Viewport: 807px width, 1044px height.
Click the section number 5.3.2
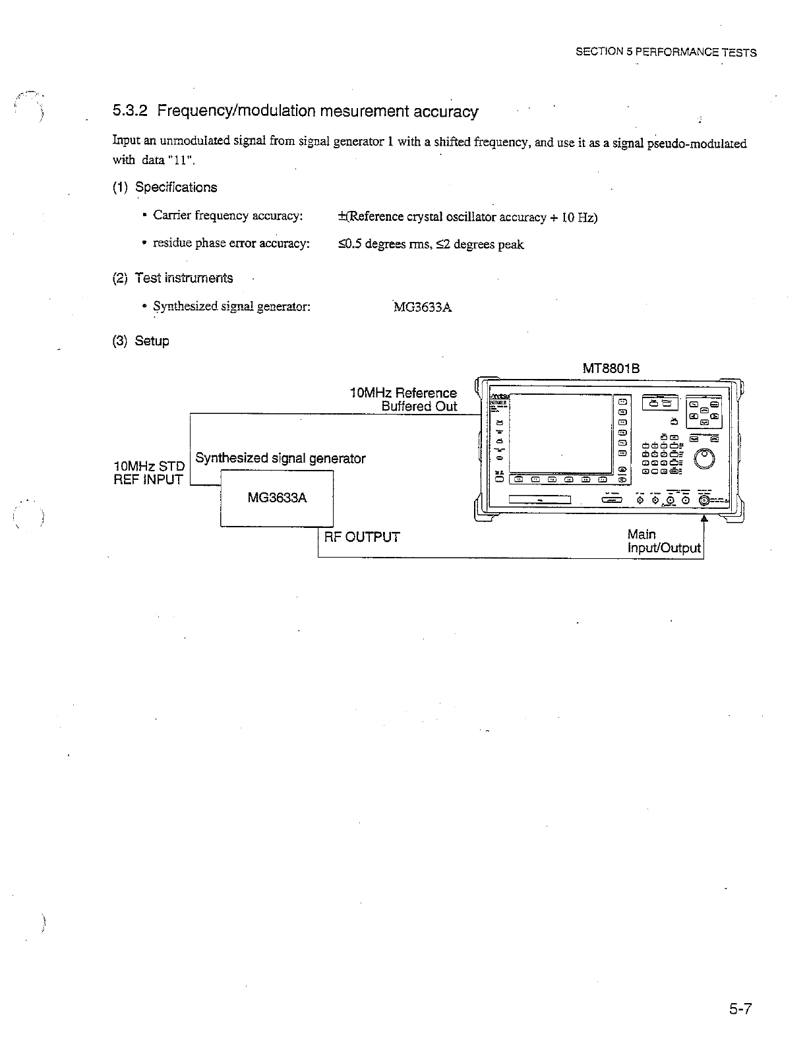pos(132,111)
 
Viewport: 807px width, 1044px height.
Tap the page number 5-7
pos(740,1009)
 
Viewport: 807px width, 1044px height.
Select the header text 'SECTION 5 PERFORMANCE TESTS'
pos(666,53)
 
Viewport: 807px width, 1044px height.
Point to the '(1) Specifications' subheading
pos(164,187)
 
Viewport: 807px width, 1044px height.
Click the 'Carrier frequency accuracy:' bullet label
pos(228,216)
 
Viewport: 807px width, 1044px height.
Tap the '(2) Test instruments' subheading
pos(172,278)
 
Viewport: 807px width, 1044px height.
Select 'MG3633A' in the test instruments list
pos(423,307)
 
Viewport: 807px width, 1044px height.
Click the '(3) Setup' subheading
pos(140,341)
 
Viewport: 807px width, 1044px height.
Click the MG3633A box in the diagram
pos(277,498)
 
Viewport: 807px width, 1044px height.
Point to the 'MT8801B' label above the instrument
pos(611,369)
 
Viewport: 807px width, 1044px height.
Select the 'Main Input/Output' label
pos(663,541)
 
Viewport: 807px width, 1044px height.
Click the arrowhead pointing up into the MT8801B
pos(705,519)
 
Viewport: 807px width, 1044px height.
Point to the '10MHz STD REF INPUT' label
pos(149,473)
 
